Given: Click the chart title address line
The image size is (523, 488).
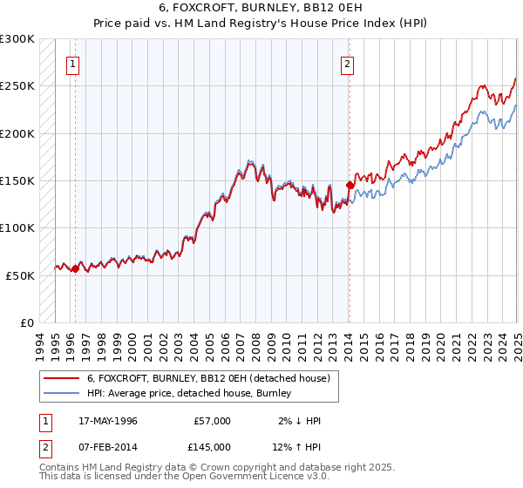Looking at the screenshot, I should (261, 6).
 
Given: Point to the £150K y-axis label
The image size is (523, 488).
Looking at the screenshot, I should (17, 180).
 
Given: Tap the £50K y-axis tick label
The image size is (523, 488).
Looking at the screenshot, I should (21, 275).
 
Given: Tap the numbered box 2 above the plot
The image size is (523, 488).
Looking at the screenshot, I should (347, 64).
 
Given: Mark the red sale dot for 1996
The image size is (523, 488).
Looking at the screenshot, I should (75, 268).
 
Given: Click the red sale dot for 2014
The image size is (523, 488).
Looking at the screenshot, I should (350, 185).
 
